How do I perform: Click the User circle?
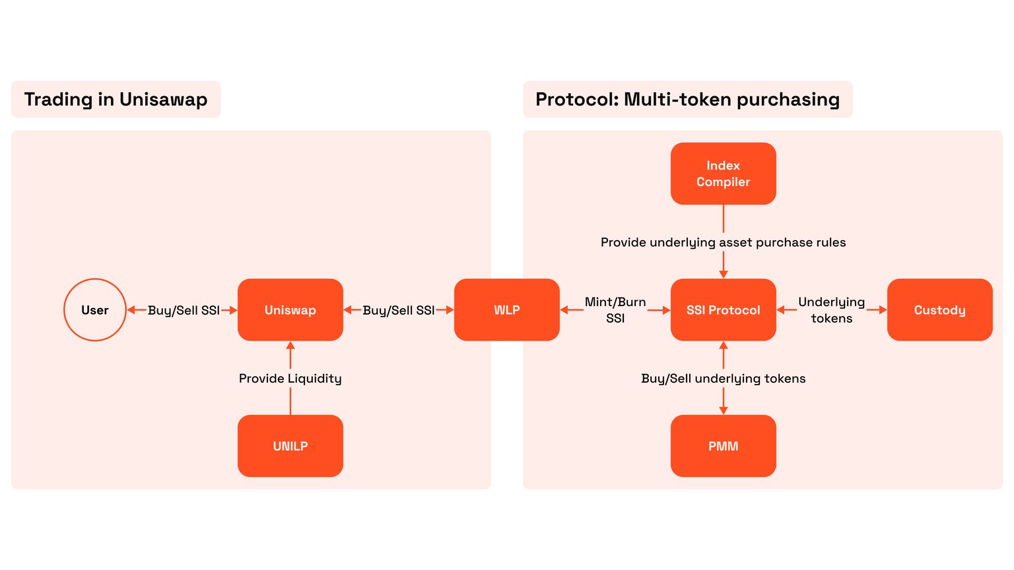point(95,310)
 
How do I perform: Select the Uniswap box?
point(290,310)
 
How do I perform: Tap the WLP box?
point(507,310)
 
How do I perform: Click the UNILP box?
point(290,446)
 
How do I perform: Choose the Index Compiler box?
point(724,174)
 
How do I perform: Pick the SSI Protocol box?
point(724,310)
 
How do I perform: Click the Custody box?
point(939,310)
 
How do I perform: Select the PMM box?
point(724,446)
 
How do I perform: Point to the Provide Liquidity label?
point(290,379)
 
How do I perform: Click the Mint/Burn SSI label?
point(615,310)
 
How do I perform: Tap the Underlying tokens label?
point(831,310)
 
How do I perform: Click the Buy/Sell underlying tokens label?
point(724,379)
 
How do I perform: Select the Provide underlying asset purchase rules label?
point(724,242)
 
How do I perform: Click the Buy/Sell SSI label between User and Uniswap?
point(184,310)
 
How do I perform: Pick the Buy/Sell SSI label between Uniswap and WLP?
point(399,310)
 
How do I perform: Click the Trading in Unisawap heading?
point(116,100)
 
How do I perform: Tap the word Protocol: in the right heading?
point(577,100)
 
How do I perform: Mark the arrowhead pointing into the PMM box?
point(724,410)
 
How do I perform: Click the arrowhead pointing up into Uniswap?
point(290,346)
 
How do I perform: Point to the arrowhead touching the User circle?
point(131,310)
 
